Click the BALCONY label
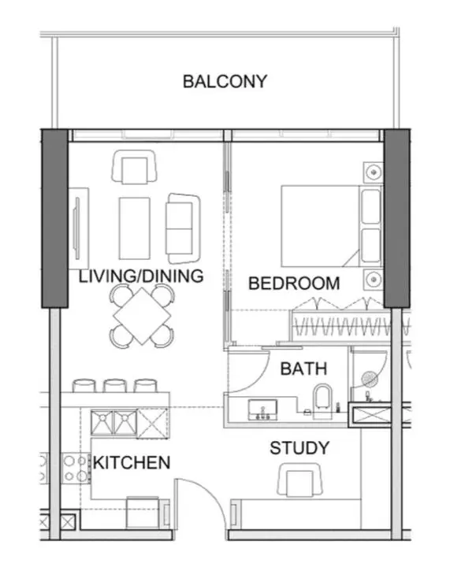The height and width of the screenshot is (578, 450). pos(225,81)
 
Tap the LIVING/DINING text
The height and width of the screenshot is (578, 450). pos(141,276)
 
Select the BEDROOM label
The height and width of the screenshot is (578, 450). pos(294,283)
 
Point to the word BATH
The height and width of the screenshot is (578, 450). pos(303,368)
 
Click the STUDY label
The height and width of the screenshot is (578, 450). pos(299,448)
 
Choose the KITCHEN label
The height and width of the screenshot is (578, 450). pos(132,462)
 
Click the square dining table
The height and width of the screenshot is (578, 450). pos(141,315)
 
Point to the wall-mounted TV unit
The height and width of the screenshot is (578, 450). pos(79,228)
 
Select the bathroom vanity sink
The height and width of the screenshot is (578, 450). pos(261,408)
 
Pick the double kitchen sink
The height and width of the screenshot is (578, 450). pos(114,424)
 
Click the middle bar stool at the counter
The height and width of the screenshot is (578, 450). pos(115,386)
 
